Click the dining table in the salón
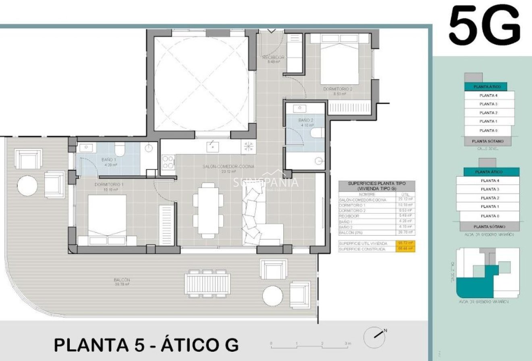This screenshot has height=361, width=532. [208, 210]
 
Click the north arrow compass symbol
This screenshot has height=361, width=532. [374, 337]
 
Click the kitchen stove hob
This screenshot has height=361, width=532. [168, 162]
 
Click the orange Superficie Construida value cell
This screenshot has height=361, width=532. [406, 249]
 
